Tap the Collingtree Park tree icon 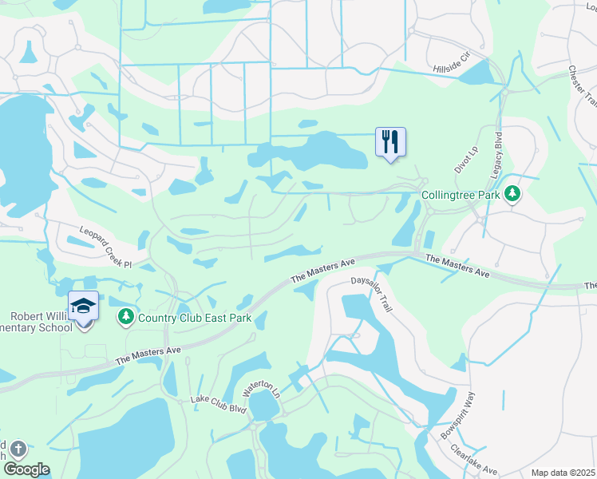click(514, 194)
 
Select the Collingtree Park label click(461, 195)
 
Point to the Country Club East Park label click(195, 319)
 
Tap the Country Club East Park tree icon click(125, 318)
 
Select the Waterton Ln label click(263, 390)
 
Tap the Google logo click(26, 469)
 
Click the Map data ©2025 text click(563, 473)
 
